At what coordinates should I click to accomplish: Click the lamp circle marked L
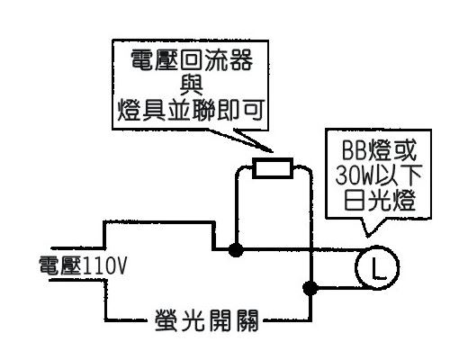pyautogui.click(x=356, y=267)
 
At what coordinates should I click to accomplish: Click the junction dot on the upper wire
pyautogui.click(x=236, y=249)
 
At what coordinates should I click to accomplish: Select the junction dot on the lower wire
pyautogui.click(x=310, y=288)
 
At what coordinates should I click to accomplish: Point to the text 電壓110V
pyautogui.click(x=83, y=265)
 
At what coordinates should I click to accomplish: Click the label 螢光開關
pyautogui.click(x=207, y=319)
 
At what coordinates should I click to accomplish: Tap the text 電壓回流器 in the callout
pyautogui.click(x=192, y=60)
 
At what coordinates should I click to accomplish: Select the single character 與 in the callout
pyautogui.click(x=192, y=85)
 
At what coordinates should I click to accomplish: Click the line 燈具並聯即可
pyautogui.click(x=191, y=110)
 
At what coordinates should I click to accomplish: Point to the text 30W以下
pyautogui.click(x=379, y=175)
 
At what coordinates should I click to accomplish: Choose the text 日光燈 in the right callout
pyautogui.click(x=380, y=200)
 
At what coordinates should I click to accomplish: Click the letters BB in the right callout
pyautogui.click(x=356, y=150)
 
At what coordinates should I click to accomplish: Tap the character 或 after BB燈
pyautogui.click(x=405, y=150)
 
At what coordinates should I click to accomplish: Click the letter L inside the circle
pyautogui.click(x=378, y=268)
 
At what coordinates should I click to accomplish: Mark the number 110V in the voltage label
pyautogui.click(x=104, y=266)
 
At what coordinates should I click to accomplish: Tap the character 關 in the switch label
pyautogui.click(x=247, y=319)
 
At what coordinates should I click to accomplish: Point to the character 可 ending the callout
pyautogui.click(x=254, y=110)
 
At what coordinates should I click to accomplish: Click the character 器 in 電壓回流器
pyautogui.click(x=241, y=60)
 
